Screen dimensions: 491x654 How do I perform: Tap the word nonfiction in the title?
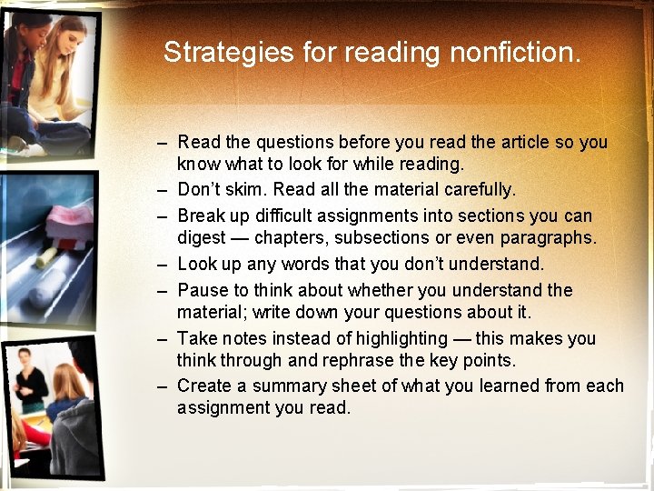pyautogui.click(x=515, y=52)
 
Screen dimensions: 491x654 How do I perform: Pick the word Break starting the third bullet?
pyautogui.click(x=202, y=215)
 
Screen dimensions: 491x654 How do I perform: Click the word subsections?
pyautogui.click(x=392, y=238)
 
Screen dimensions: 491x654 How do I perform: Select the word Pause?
pyautogui.click(x=203, y=290)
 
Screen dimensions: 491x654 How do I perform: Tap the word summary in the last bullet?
pyautogui.click(x=289, y=386)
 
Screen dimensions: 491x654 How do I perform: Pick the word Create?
pyautogui.click(x=204, y=386)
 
